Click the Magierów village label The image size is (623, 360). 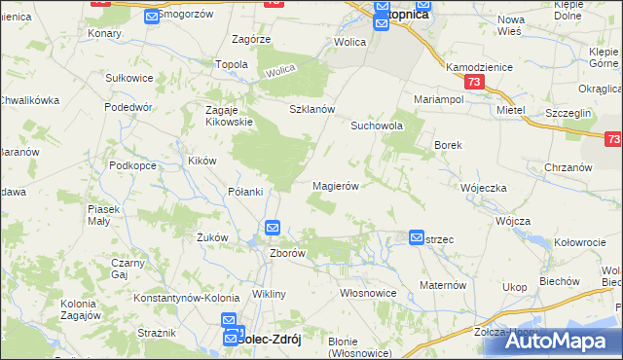337,186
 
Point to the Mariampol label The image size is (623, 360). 436,99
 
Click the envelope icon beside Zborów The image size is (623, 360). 273,229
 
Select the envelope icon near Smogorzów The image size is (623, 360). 152,17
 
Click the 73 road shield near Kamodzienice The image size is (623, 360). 473,84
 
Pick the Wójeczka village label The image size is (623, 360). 484,188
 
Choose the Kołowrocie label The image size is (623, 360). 580,241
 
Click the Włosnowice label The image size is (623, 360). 367,292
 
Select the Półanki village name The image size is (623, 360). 245,192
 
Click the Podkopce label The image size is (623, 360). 132,165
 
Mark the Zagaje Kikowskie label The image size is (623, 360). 229,116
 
